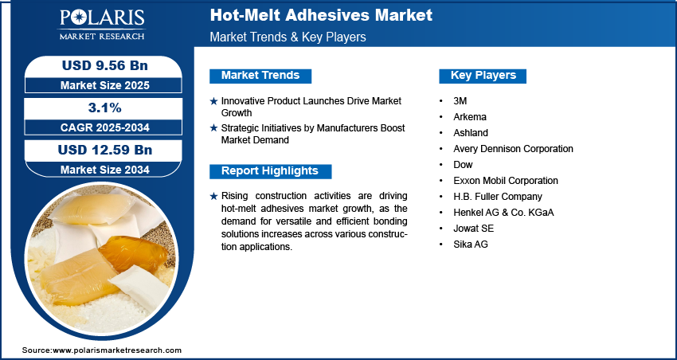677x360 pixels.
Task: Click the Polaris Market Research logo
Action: [x=102, y=25]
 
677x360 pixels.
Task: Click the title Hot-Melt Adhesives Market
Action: [x=321, y=16]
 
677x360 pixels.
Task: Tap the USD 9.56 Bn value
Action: [x=105, y=65]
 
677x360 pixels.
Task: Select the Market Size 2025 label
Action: [x=105, y=85]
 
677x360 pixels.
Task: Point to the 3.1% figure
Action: [x=105, y=108]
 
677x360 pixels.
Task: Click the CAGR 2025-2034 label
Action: [x=105, y=127]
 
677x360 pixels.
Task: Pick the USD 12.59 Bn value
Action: [x=105, y=150]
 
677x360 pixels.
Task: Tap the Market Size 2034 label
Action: [x=105, y=170]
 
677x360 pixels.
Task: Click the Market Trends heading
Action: [x=260, y=76]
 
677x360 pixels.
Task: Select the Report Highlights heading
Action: [x=270, y=171]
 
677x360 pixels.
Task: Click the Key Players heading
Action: [x=483, y=76]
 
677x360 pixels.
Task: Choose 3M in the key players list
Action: [x=460, y=101]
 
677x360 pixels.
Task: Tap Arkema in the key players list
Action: [x=470, y=117]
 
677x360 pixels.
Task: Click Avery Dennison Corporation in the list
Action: [x=514, y=149]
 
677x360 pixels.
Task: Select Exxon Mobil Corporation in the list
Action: [x=506, y=181]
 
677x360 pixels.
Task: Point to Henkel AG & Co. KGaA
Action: [x=503, y=213]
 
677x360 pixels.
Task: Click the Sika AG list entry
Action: [x=471, y=245]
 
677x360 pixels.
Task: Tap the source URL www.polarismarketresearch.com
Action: [x=117, y=350]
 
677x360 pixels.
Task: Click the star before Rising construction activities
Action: [x=213, y=197]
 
